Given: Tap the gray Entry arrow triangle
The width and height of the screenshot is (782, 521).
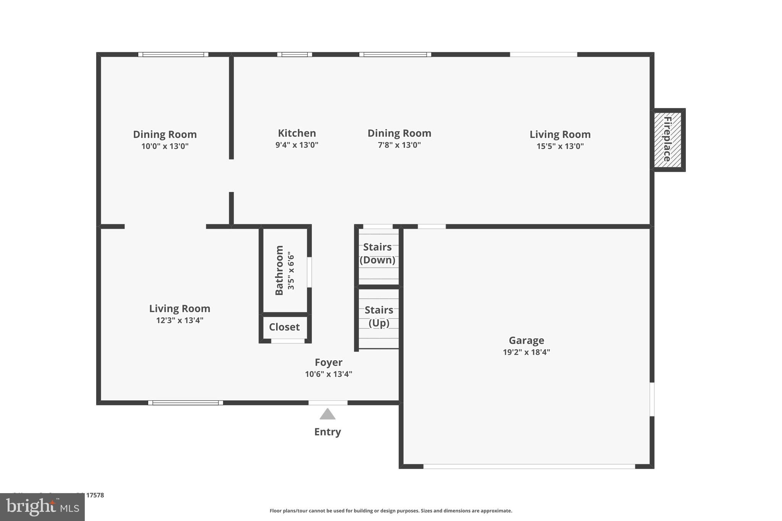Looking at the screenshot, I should click(327, 415).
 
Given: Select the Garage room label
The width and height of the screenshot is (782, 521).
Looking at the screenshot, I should click(526, 340).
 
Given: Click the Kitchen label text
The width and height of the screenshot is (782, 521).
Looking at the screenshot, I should click(297, 133).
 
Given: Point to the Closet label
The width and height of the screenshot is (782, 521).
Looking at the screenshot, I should click(284, 327).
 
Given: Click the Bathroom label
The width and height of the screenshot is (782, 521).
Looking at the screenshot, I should click(279, 270).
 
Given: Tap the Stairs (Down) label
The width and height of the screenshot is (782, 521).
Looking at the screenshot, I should click(377, 253).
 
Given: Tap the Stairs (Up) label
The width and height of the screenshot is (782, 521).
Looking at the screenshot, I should click(379, 316).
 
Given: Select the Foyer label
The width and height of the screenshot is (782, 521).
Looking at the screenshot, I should click(328, 362).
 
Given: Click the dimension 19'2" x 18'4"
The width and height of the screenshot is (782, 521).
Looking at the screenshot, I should click(526, 352).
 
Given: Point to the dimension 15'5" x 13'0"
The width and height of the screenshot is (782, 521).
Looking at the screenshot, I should click(560, 146).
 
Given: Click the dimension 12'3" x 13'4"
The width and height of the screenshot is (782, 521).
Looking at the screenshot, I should click(179, 320).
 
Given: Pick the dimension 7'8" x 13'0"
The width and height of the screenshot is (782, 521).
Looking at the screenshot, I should click(399, 145).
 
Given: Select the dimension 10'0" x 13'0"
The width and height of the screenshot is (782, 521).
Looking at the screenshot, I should click(165, 146).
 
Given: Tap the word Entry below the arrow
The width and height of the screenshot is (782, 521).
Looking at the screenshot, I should click(327, 432).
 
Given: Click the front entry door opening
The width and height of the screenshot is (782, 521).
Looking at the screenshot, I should click(328, 403).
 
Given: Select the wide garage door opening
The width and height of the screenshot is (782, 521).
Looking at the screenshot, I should click(529, 466).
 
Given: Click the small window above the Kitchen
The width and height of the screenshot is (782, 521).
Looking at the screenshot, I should click(294, 55).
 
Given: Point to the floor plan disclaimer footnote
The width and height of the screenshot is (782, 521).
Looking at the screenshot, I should click(391, 511).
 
